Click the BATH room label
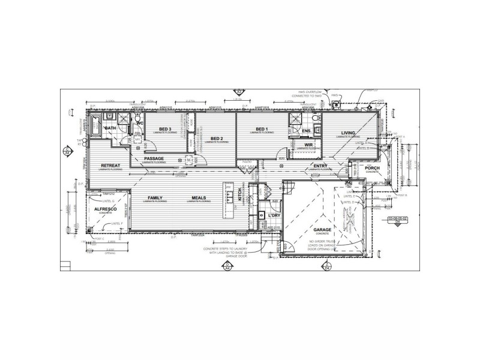pyautogui.click(x=110, y=128)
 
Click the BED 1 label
pyautogui.click(x=261, y=129)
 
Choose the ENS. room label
pyautogui.click(x=306, y=131)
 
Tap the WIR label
pyautogui.click(x=309, y=145)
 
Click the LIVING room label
pyautogui.click(x=348, y=133)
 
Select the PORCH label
pyautogui.click(x=373, y=168)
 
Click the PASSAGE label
pyautogui.click(x=154, y=158)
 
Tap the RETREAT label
pyautogui.click(x=111, y=166)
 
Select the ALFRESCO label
pyautogui.click(x=105, y=208)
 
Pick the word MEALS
pyautogui.click(x=200, y=197)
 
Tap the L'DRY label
pyautogui.click(x=275, y=215)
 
